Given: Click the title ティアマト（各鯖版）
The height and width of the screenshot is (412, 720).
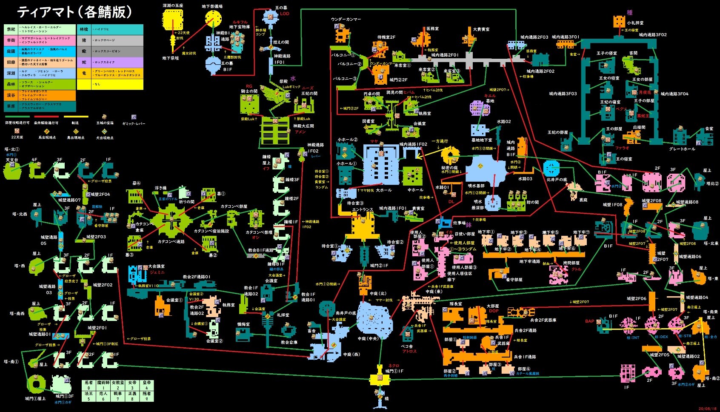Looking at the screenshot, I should [74, 12].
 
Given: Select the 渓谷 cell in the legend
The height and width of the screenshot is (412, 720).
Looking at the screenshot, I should [11, 95].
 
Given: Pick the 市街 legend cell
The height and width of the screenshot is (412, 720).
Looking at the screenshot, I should [11, 40].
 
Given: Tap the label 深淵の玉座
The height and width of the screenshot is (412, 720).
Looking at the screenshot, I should [173, 6].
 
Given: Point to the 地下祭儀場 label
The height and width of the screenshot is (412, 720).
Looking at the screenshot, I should [212, 6].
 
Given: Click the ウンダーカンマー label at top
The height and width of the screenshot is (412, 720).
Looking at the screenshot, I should [346, 20].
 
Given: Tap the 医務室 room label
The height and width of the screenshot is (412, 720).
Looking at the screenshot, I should [432, 29].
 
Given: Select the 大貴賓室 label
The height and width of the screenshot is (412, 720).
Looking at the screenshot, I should [481, 29].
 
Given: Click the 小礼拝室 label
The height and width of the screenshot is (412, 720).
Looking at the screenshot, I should [635, 23].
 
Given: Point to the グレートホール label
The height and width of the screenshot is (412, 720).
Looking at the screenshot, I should [682, 149].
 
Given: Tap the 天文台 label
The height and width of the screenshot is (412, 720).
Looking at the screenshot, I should [12, 160].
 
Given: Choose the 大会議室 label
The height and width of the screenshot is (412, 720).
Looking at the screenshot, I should [156, 266].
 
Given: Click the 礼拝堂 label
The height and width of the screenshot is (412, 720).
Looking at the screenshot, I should [283, 315].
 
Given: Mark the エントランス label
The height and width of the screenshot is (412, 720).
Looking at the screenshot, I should [363, 209].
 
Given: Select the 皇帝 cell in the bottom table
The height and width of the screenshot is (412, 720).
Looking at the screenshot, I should [146, 383].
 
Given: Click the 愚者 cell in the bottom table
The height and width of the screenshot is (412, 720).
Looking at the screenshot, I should [89, 383].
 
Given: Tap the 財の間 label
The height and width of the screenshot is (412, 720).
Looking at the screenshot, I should [532, 202].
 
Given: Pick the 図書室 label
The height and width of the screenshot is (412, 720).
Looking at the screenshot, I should [369, 121].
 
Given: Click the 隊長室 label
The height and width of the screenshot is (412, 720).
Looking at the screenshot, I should [456, 304].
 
